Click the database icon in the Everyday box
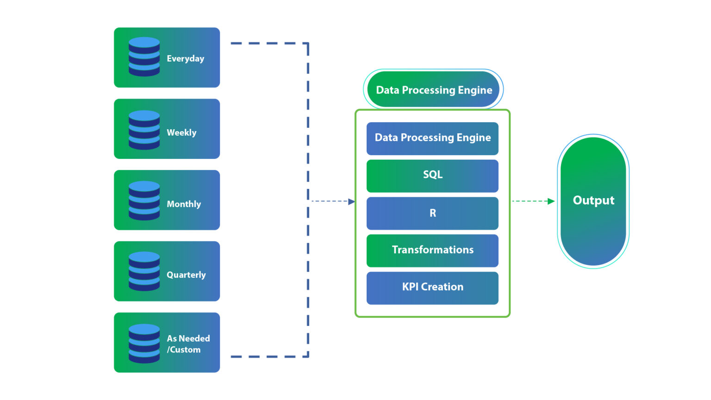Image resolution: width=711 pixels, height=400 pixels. point(144,57)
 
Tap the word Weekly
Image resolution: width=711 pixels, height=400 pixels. point(181,132)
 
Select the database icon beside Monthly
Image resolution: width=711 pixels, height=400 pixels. point(144,200)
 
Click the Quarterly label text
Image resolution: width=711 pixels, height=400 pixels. point(186,275)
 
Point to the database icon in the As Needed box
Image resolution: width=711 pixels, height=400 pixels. point(144,343)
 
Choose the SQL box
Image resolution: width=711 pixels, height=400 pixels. point(432,175)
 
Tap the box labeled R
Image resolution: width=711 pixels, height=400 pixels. point(432,213)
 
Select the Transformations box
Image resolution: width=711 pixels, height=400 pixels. point(432,250)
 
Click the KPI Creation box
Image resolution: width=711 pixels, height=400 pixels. point(432,287)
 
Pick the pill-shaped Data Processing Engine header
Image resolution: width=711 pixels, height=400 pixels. point(433,89)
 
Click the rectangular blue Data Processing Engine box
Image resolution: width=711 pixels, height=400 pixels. point(432,138)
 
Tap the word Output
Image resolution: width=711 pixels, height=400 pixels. point(593,200)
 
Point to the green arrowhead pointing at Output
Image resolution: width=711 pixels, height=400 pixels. point(551,201)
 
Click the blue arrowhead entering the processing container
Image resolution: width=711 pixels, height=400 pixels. point(351,201)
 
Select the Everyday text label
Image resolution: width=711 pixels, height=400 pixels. point(185,58)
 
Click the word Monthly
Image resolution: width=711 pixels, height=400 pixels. point(184,204)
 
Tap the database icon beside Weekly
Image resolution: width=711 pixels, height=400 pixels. point(144,130)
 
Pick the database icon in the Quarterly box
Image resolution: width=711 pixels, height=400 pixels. point(144,271)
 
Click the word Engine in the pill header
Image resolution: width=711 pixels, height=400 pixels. point(474,90)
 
